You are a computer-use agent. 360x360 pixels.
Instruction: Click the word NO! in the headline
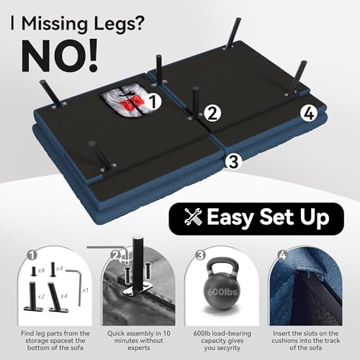coord(60,56)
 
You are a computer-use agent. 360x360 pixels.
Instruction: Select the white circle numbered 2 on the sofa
coord(212,114)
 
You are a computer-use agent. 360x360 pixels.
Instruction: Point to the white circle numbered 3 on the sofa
coord(233,161)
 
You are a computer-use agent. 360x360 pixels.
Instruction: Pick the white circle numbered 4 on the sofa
coord(309,114)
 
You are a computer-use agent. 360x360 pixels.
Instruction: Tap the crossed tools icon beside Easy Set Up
coord(193,217)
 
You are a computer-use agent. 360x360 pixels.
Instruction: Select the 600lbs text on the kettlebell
coord(222,292)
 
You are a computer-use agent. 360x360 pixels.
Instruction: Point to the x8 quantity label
coord(41,271)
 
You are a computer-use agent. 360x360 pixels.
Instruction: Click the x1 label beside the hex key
coord(85,290)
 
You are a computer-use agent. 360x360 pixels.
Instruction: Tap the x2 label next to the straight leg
coord(41,297)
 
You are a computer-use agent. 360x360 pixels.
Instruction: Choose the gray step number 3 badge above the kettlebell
coord(200,255)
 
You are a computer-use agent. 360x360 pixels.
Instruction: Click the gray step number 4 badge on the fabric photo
coord(283,255)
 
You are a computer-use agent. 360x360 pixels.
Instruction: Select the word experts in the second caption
coord(139,348)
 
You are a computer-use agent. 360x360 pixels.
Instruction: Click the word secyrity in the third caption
coord(228,348)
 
